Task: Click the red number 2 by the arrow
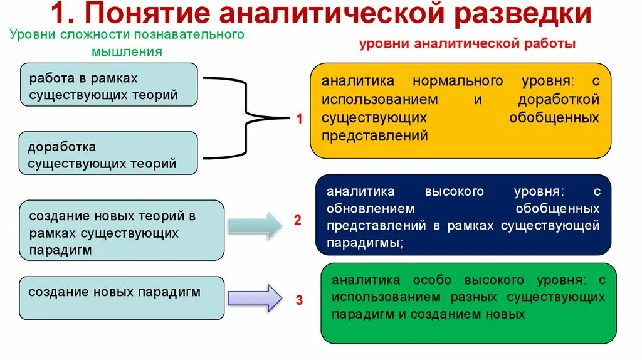(x=298, y=220)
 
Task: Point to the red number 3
(x=299, y=300)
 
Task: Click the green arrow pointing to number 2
(x=255, y=225)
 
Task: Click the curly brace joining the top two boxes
(x=245, y=117)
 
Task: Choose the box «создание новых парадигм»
(x=122, y=298)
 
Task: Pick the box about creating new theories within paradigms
(x=122, y=230)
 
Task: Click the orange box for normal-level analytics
(x=460, y=109)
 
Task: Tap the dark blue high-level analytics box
(x=463, y=215)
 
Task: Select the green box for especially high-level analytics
(x=468, y=303)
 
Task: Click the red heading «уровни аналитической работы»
(x=467, y=44)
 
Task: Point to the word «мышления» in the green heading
(x=127, y=52)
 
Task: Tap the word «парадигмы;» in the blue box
(x=364, y=243)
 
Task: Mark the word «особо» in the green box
(x=438, y=280)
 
